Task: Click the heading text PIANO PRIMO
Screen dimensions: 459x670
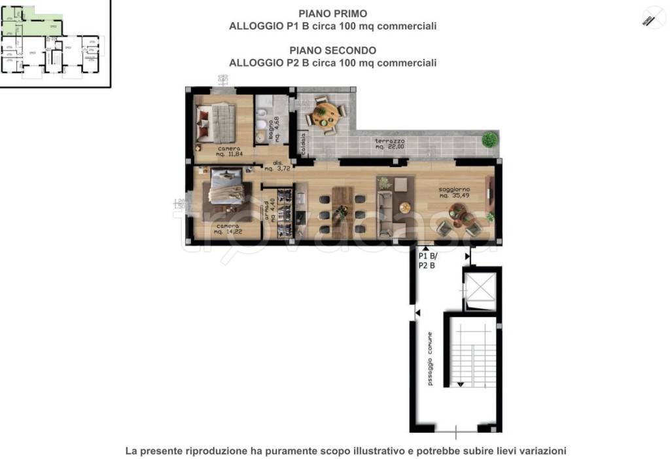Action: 332,13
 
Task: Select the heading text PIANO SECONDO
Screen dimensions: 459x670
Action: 332,50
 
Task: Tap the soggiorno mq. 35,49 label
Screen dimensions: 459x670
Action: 452,192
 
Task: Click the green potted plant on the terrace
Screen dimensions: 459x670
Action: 489,139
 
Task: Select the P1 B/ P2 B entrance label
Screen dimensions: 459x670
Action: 427,261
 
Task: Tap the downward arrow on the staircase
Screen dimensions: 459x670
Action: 461,383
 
